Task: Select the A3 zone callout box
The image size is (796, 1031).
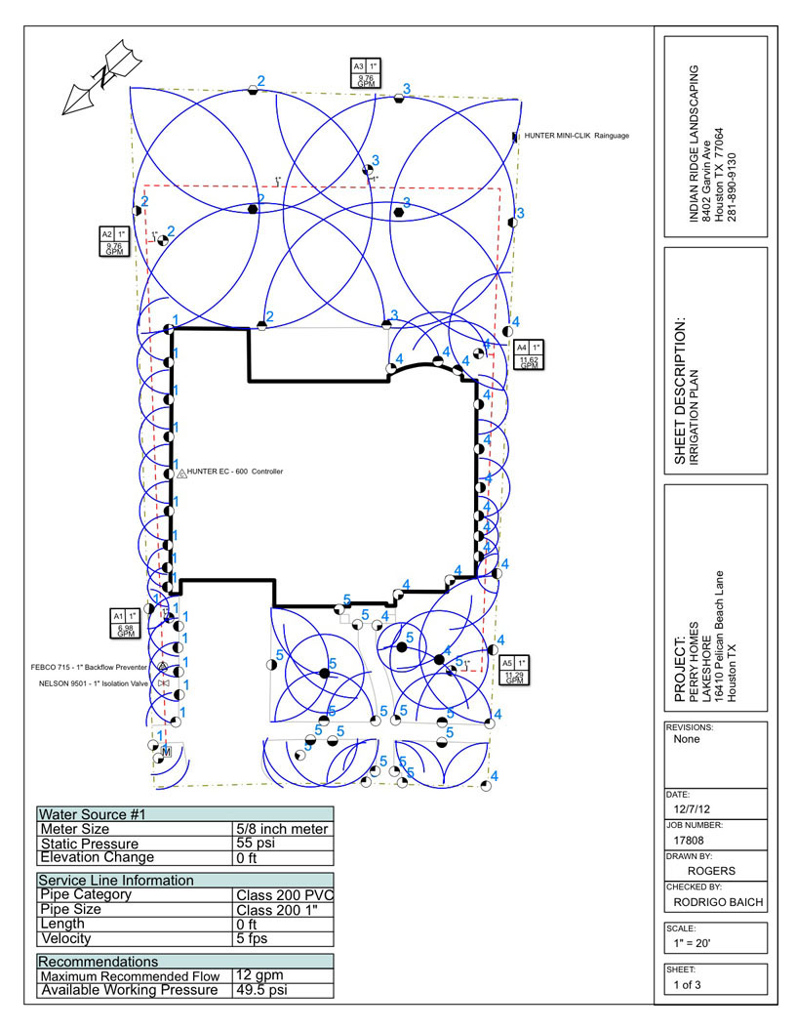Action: coord(369,75)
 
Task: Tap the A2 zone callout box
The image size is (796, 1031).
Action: coord(116,241)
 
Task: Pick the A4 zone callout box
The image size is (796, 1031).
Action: coord(529,354)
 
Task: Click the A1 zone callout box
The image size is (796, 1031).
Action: coord(126,624)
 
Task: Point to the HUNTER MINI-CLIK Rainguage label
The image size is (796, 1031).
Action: coord(576,136)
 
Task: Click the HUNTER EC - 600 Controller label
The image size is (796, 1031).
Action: coord(234,472)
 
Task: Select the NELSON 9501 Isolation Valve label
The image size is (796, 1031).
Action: coord(88,683)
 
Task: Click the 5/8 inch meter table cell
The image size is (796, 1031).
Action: coord(282,829)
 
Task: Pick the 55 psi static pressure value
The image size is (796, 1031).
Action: coord(255,843)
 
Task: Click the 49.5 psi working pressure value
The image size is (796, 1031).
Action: coord(261,990)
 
